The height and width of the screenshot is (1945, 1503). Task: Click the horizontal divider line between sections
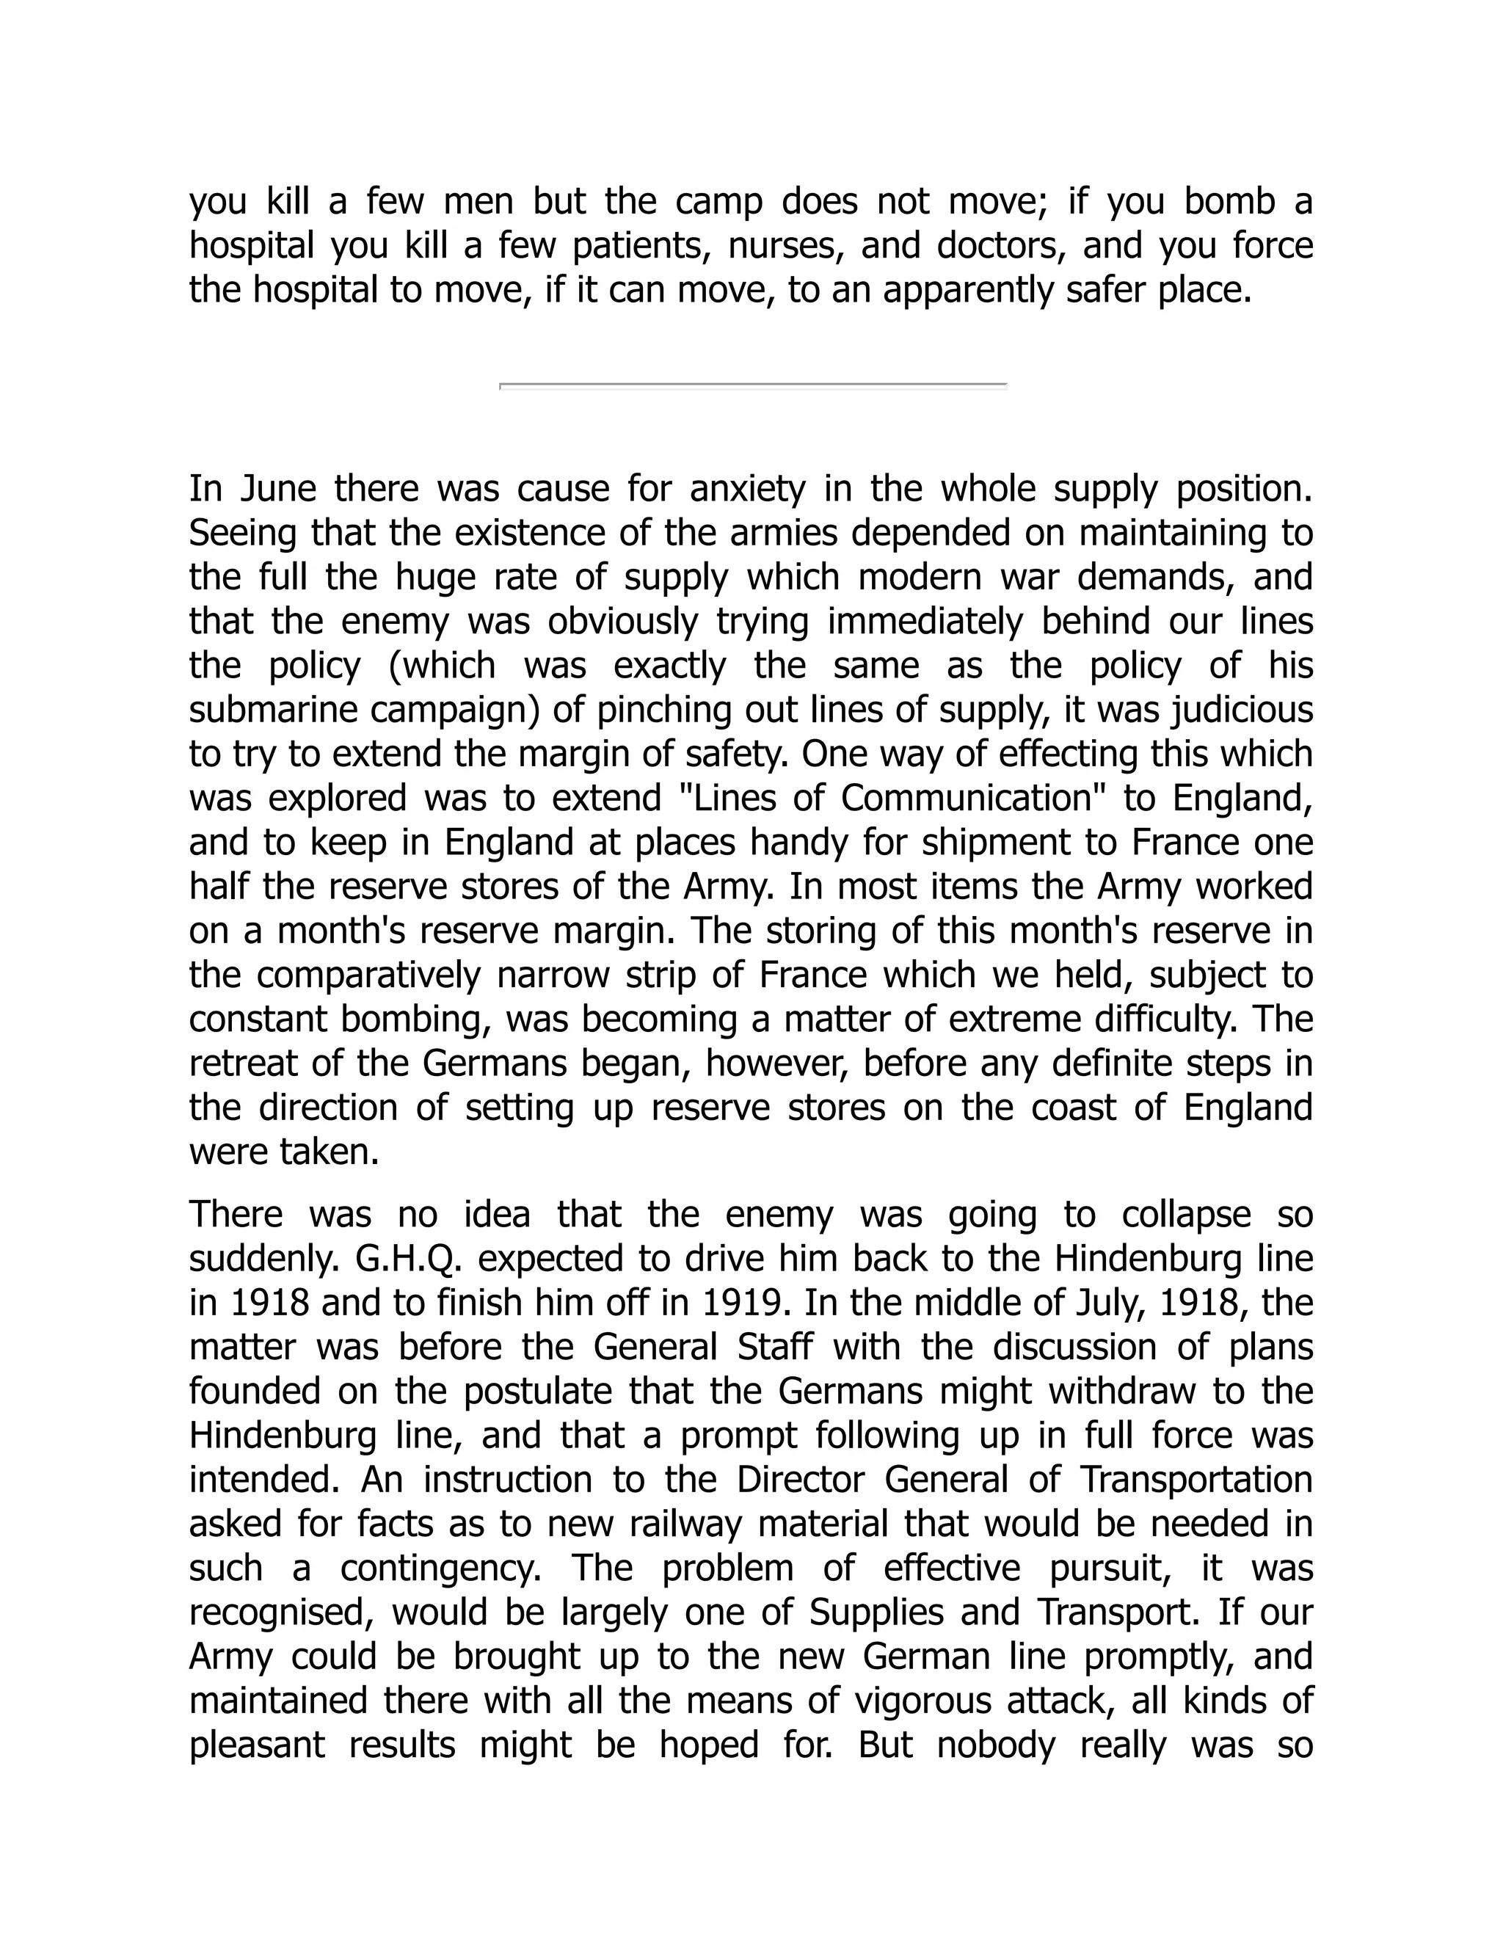pos(752,385)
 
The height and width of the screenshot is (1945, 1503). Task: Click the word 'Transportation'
pos(1197,1479)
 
